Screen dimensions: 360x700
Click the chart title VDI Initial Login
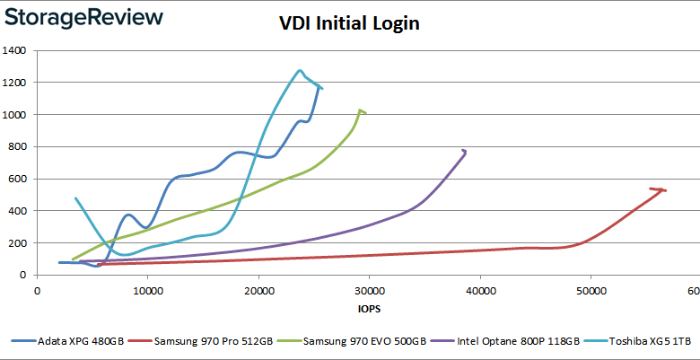(350, 24)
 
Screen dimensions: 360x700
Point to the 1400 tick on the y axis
(14, 51)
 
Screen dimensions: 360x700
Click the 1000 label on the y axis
(14, 115)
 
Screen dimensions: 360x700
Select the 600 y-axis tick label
(18, 180)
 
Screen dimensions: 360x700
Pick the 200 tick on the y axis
(18, 243)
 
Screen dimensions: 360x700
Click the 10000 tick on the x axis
(147, 291)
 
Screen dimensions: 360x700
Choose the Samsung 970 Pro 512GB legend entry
(207, 342)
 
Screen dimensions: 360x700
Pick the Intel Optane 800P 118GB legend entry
(500, 342)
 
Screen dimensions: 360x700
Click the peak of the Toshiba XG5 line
(300, 70)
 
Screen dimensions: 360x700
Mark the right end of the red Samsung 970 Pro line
(664, 189)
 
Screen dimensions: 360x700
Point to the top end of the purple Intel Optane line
(464, 150)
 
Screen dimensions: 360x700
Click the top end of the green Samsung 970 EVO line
(361, 110)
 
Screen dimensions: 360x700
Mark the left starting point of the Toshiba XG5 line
(75, 198)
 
